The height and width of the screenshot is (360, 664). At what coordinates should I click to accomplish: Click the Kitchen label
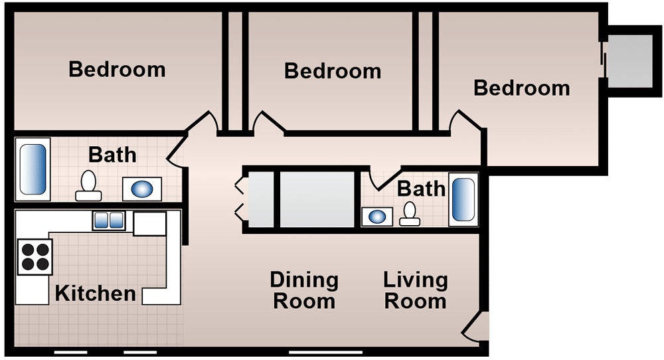pos(96,294)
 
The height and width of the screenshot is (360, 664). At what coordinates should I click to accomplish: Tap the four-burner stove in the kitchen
pos(35,256)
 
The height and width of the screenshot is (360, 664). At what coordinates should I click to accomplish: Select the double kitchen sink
pos(109,221)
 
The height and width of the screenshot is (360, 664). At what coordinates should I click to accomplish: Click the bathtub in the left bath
pos(33,169)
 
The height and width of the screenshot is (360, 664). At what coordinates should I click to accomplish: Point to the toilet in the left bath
pos(88,186)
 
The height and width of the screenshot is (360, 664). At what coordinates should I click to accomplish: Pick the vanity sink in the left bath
pos(142,189)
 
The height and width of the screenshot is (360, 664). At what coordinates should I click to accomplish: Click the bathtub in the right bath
pos(463,199)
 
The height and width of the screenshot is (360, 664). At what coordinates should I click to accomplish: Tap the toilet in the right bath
pos(410,214)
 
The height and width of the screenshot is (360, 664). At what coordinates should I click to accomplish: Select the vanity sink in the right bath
pos(377,217)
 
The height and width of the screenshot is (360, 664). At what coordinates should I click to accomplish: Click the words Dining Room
pos(304,290)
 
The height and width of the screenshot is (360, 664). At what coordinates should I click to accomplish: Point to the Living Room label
pos(416,290)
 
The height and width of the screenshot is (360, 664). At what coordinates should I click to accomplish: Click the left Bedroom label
pos(117,70)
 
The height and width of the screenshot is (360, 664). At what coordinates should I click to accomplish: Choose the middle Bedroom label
pos(333,71)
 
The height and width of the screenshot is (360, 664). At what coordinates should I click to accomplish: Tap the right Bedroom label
pos(522,88)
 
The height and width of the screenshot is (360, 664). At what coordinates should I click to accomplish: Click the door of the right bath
pos(384,180)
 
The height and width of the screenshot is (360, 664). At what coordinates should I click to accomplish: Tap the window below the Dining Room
pos(325,352)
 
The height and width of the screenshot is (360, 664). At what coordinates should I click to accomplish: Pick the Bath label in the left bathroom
pos(113,155)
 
